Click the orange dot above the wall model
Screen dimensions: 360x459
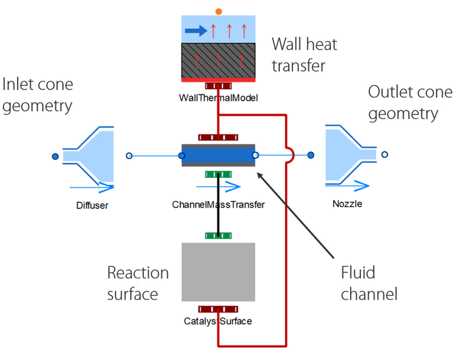tap(219, 11)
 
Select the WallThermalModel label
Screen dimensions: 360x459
tap(218, 98)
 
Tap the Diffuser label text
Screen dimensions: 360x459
tap(93, 205)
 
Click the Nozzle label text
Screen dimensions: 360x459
tap(347, 204)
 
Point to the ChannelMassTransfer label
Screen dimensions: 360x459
tap(218, 205)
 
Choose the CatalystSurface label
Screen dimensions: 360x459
tap(218, 321)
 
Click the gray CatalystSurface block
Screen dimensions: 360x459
tap(218, 272)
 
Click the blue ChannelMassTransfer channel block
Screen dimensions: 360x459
tap(218, 156)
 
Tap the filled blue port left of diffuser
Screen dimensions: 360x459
tap(54, 156)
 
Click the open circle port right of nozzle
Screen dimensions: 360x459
tap(385, 155)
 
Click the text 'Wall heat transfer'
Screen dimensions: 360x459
tap(304, 54)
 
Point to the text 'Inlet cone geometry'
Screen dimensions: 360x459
tap(37, 95)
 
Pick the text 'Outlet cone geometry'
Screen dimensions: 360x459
tap(403, 103)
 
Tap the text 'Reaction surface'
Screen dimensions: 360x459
tap(137, 283)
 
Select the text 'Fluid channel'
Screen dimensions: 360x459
tap(368, 283)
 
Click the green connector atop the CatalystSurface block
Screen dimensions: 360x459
tap(218, 235)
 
